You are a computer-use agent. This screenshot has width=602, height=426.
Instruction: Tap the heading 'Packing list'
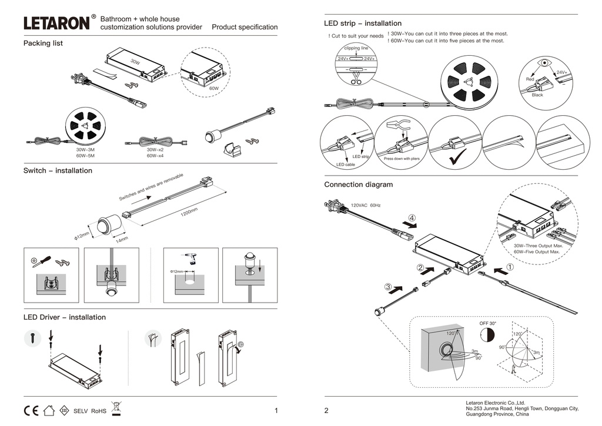coord(43,43)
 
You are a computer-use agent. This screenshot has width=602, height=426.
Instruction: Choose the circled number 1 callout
coord(510,266)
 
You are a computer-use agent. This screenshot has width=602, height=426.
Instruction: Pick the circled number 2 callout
coord(421,268)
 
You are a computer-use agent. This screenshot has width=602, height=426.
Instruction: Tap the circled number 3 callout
coord(389,287)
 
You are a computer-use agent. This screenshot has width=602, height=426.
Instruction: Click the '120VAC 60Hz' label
coord(366,206)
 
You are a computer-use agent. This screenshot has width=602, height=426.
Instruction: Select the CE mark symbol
coord(31,410)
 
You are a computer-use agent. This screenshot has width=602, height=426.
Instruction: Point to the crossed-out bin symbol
coord(116,407)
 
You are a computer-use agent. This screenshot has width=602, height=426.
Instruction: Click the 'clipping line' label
coord(356,48)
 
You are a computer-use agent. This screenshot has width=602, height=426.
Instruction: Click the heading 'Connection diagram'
coord(358,185)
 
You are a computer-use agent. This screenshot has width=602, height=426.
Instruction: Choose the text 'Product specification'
coord(245,27)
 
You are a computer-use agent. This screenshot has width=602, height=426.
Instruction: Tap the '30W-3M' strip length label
coord(85,150)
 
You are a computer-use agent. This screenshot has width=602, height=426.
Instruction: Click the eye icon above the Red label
coord(546,63)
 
